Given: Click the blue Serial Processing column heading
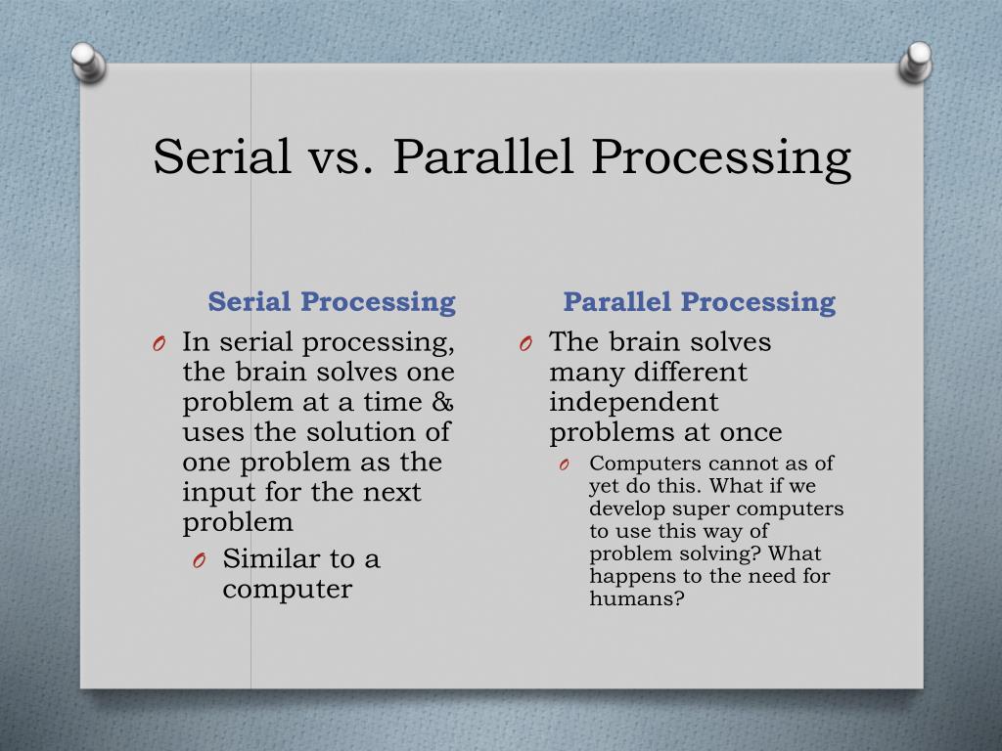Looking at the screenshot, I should pyautogui.click(x=333, y=301).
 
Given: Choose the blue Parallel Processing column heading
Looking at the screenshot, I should pyautogui.click(x=699, y=301).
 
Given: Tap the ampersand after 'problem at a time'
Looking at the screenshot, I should pyautogui.click(x=441, y=402).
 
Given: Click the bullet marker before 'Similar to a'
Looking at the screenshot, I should pyautogui.click(x=199, y=560).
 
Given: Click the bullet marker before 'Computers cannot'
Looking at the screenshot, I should pyautogui.click(x=565, y=464).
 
